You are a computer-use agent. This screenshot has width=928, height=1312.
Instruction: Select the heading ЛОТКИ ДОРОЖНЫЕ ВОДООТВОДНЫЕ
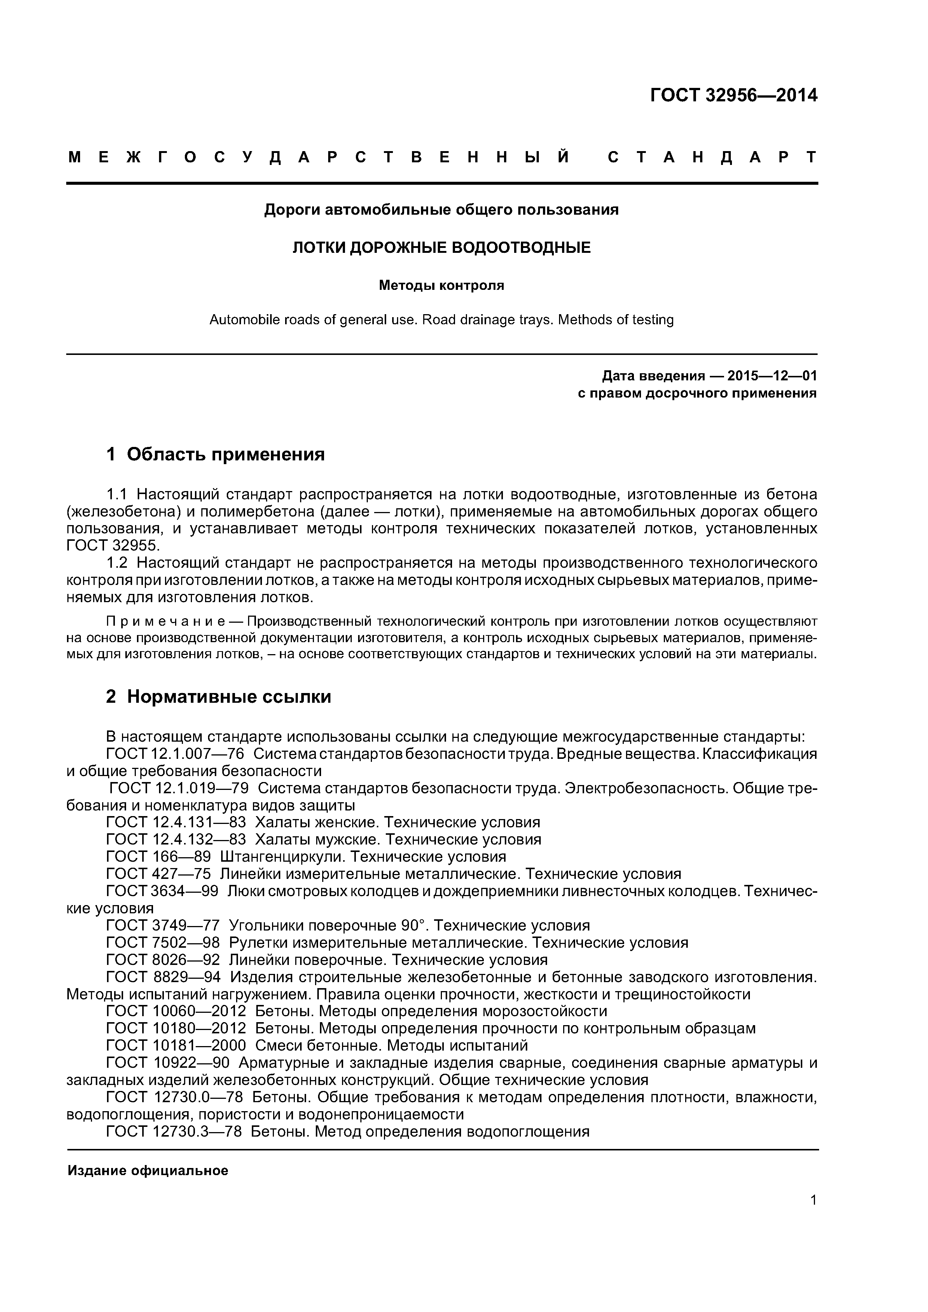coord(442,248)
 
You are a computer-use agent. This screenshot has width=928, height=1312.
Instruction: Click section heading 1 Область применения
coord(216,454)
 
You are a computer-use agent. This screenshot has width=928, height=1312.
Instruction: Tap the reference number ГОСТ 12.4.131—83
coord(176,822)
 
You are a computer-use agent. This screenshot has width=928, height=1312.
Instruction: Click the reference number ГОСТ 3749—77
coord(163,925)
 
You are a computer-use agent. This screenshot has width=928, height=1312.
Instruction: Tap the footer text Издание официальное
coord(147,1171)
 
